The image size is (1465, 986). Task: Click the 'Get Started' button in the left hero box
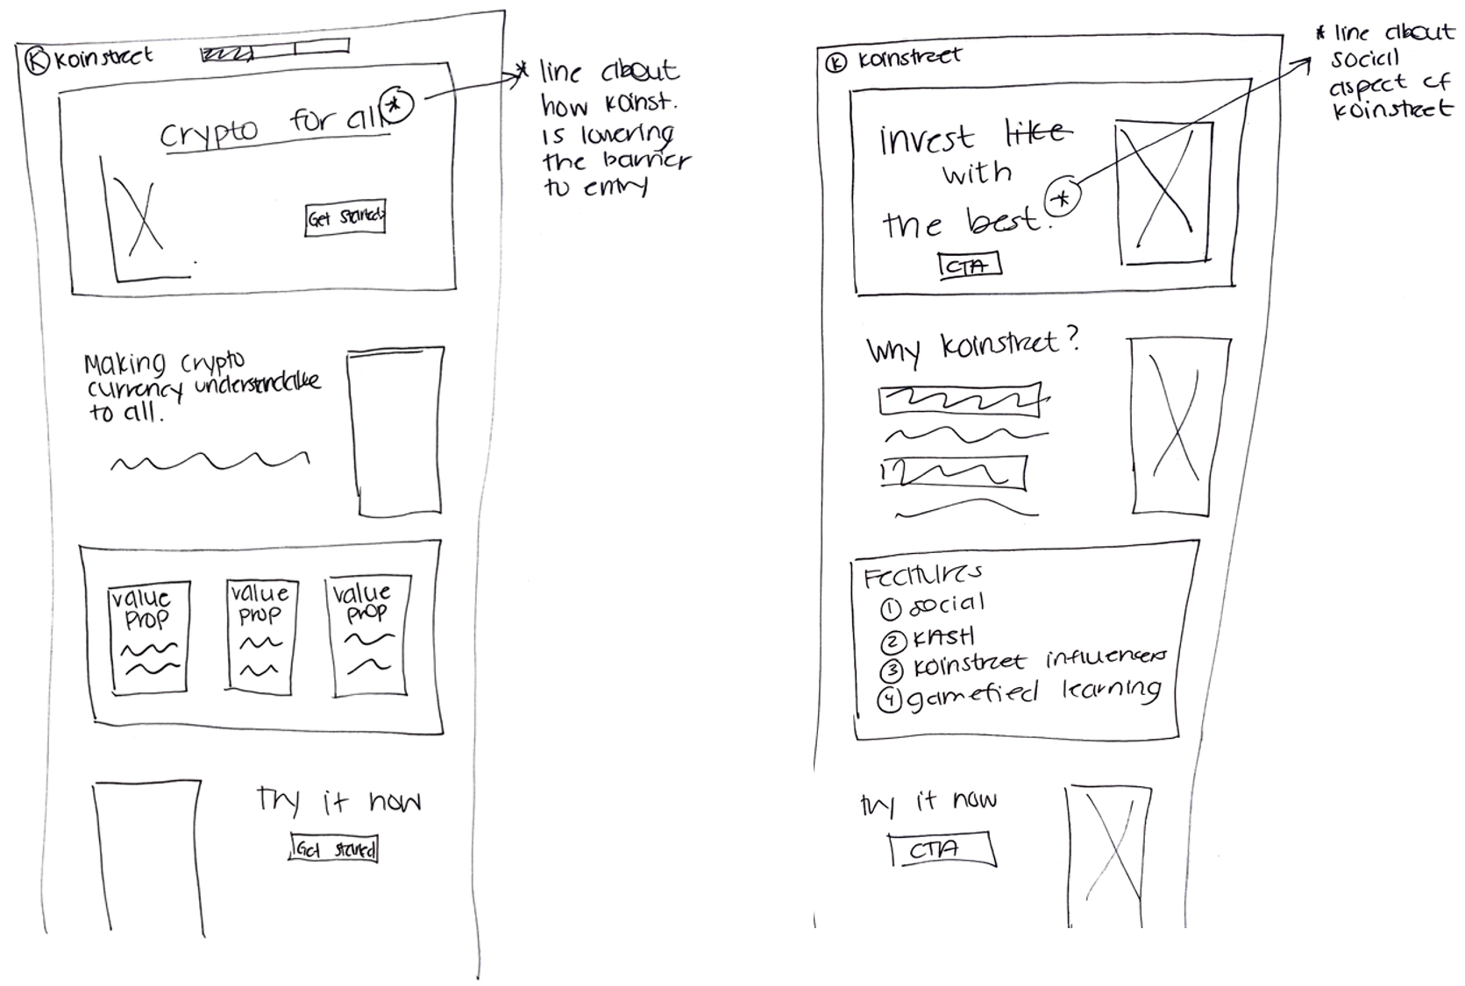click(345, 218)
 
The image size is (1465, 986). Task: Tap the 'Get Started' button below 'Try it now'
click(334, 848)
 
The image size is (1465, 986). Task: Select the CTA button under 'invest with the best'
click(969, 266)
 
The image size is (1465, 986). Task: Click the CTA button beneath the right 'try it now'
click(942, 849)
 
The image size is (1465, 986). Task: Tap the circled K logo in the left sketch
click(38, 61)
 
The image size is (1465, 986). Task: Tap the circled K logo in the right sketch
click(837, 63)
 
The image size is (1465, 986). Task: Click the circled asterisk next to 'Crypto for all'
click(397, 104)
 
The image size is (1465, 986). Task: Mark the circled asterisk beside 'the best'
click(1062, 198)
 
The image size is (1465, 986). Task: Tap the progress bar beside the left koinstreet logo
click(274, 53)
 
